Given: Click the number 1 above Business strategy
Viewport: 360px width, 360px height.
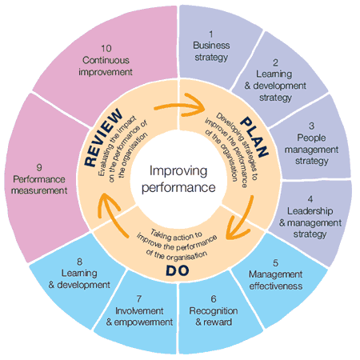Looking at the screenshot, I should point(211,34).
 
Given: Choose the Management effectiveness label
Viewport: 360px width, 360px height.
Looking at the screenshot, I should point(275,278).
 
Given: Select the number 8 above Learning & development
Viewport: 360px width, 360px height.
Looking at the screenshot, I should point(79,262).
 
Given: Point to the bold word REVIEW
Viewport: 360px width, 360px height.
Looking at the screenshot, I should point(102,138).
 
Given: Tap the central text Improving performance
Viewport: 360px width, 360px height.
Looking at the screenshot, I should point(181,181).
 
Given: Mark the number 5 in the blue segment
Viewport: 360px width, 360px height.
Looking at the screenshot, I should point(275,261).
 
